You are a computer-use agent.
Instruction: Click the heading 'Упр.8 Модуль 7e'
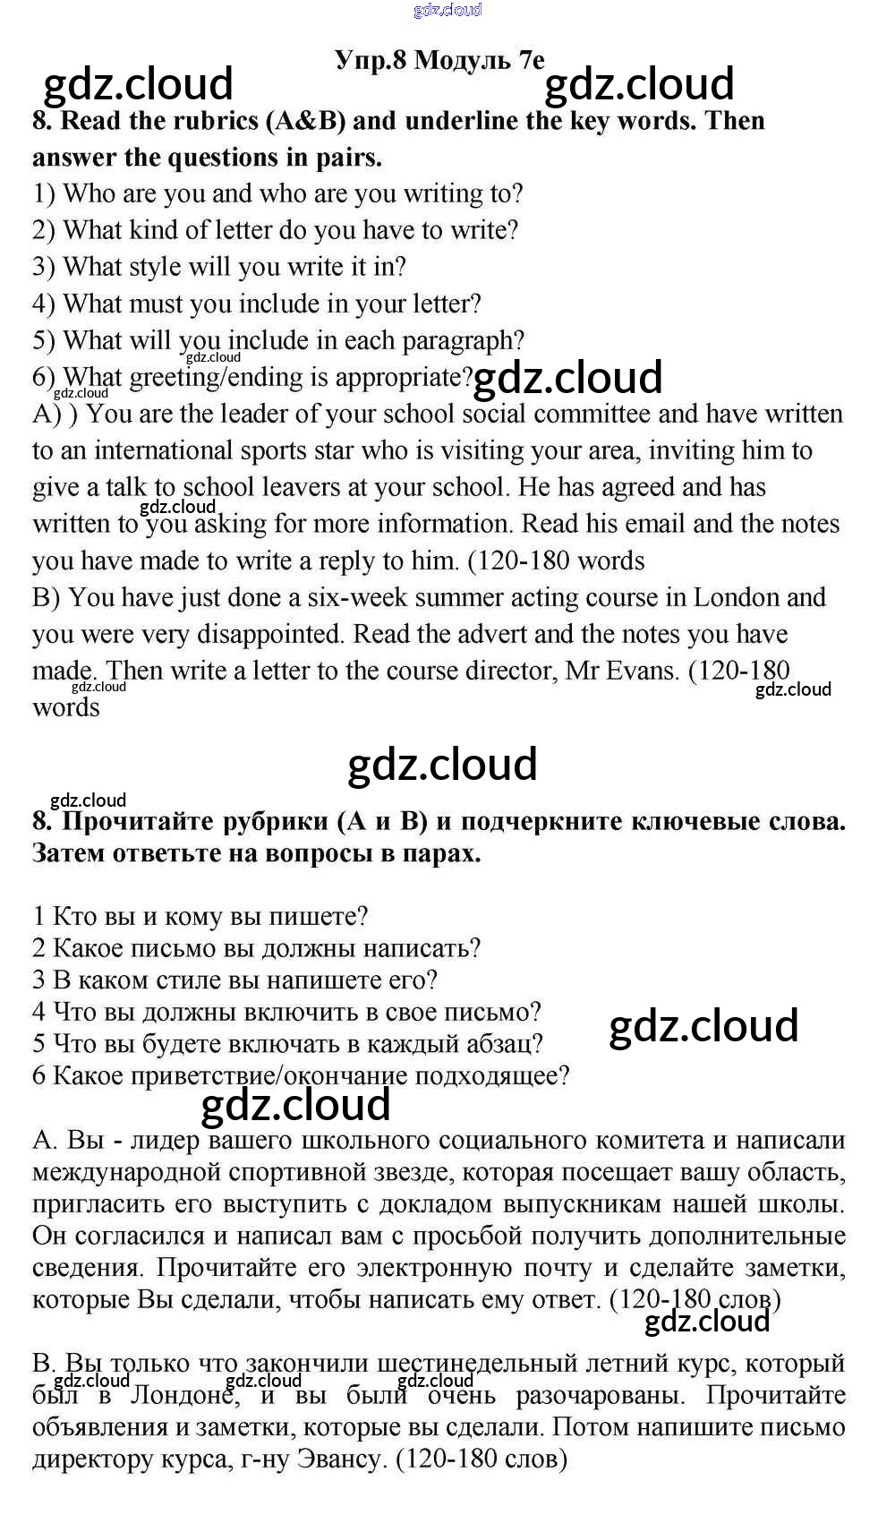439,60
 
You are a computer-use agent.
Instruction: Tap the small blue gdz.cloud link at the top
447,10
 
